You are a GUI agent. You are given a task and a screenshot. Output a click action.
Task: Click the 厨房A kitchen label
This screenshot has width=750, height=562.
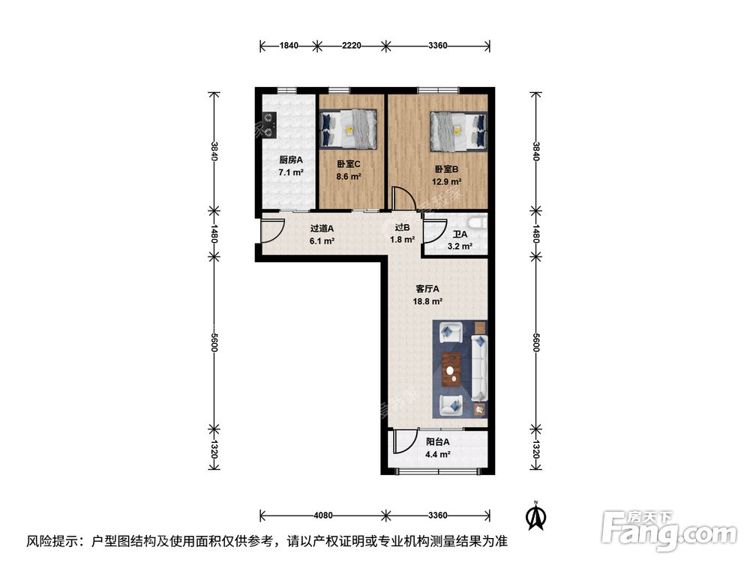[290, 160]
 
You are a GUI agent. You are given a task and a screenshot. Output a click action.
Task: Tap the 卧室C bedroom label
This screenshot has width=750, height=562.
[349, 164]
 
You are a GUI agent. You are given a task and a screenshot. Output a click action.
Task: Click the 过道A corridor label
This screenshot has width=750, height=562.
[322, 229]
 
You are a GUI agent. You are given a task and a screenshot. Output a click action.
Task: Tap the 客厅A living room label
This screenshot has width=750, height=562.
[427, 288]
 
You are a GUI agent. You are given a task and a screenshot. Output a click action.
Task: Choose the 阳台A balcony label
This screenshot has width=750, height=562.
[437, 442]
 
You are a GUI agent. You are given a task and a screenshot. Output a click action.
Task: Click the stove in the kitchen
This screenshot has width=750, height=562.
[268, 124]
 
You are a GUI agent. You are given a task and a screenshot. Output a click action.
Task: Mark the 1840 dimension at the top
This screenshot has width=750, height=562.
[289, 46]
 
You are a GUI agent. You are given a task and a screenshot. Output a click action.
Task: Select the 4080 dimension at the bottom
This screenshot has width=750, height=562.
[322, 515]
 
